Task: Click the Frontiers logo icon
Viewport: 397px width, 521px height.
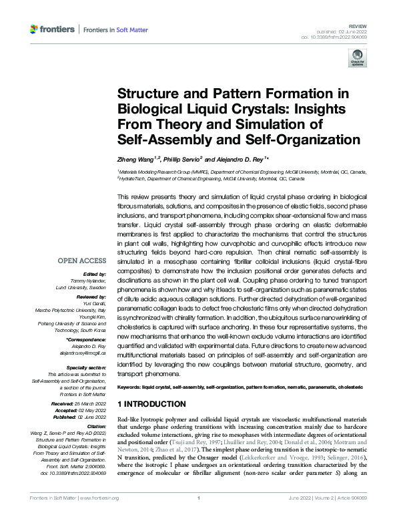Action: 35,29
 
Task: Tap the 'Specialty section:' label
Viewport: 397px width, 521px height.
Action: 88,367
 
